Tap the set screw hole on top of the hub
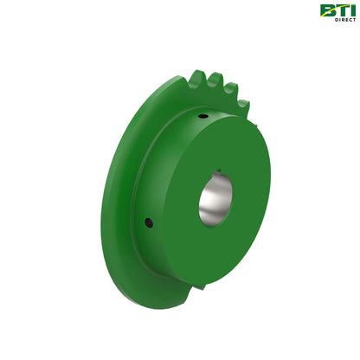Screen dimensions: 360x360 [x=202, y=116]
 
